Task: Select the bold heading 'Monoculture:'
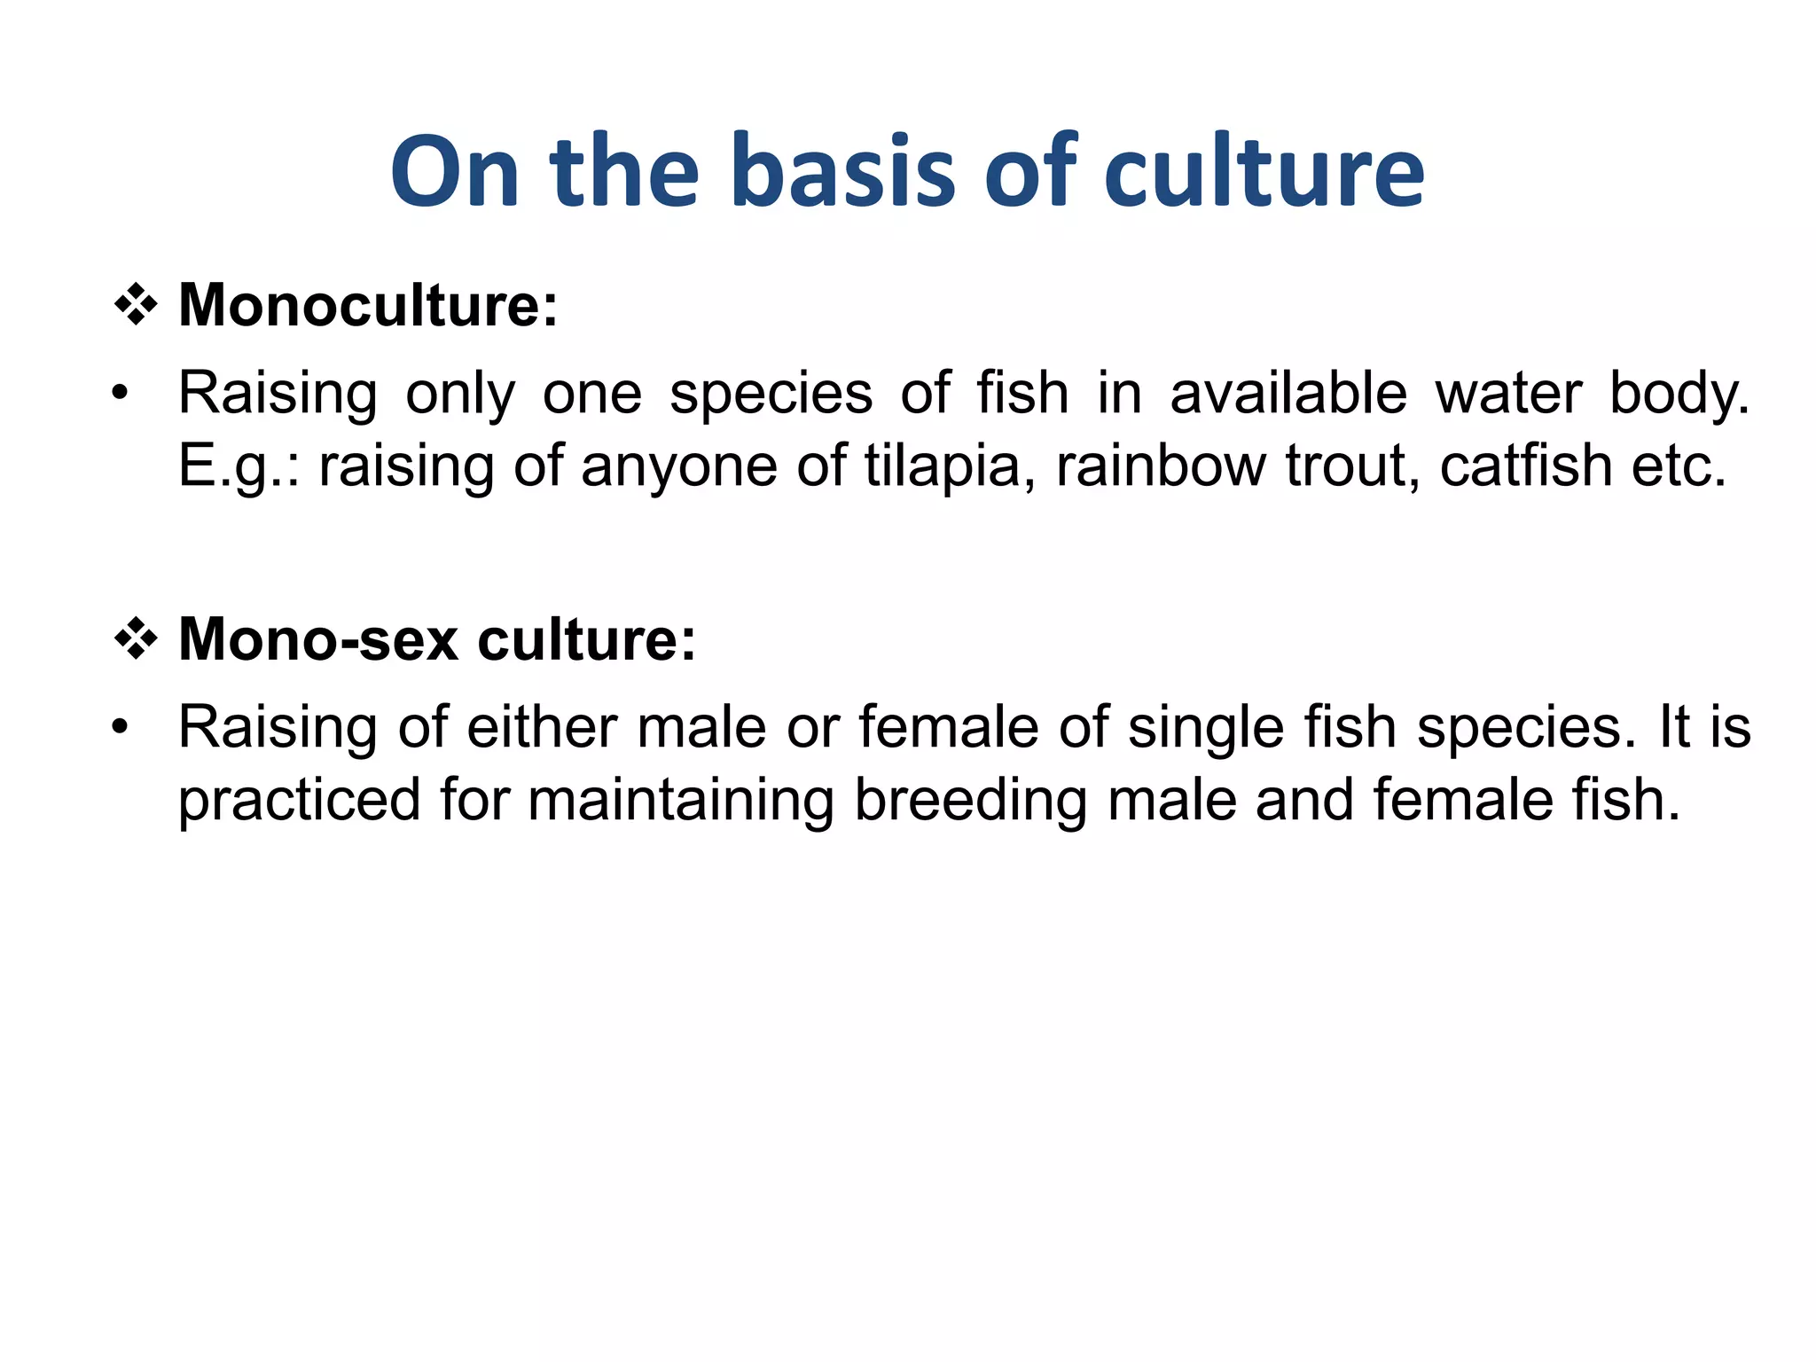coord(368,305)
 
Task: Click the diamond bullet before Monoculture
coord(136,306)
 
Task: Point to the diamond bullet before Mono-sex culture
coord(136,639)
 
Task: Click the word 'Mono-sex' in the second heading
coord(318,639)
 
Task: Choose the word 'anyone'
coord(678,467)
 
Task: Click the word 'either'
coord(541,727)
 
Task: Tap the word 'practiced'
coord(299,800)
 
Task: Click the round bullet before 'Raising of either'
coord(121,728)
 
